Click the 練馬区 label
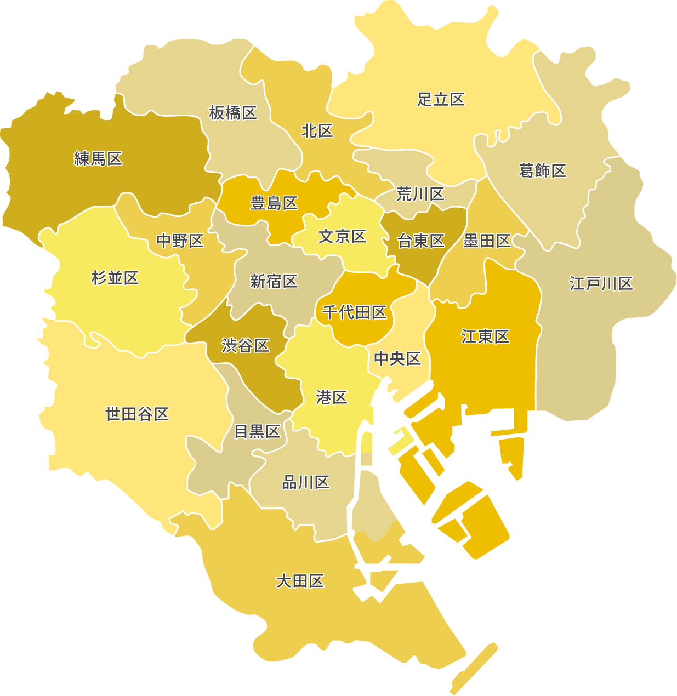(98, 159)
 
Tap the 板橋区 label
(233, 113)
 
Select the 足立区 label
(441, 99)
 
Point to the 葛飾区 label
(542, 171)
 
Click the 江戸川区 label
(601, 284)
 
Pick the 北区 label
(317, 131)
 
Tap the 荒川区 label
(420, 194)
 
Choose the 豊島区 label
(274, 203)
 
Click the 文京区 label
(343, 237)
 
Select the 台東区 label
(421, 241)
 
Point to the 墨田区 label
(487, 241)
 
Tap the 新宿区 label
(274, 282)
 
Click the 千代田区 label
(355, 312)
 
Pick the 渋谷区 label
(246, 346)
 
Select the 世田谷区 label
(137, 414)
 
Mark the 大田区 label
(300, 581)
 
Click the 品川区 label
(306, 482)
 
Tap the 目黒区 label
(257, 432)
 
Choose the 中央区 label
(397, 359)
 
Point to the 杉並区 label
(115, 278)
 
